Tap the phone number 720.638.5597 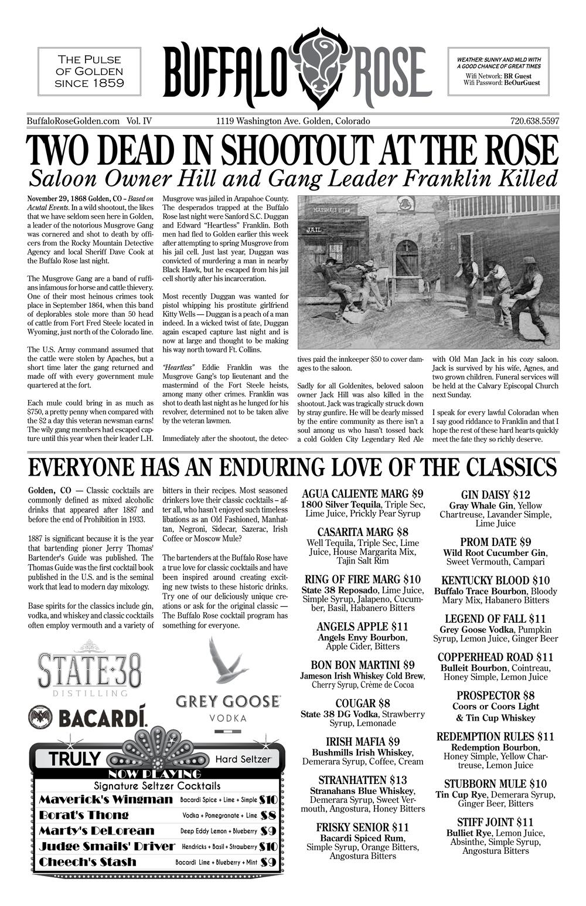coord(534,121)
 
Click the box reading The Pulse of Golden coord(89,72)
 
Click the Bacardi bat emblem coord(40,717)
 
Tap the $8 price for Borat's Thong coord(268,815)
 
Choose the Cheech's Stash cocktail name coord(87,862)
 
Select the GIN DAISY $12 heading coord(495,494)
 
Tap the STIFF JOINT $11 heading coord(495,822)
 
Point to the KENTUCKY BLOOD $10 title coord(495,581)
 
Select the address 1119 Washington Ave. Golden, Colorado coord(293,121)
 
